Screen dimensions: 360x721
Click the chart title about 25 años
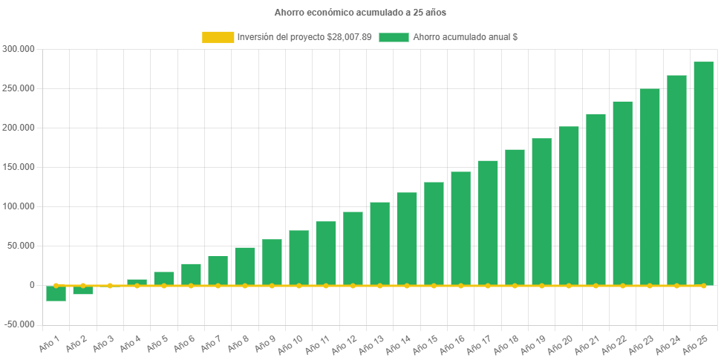click(x=360, y=13)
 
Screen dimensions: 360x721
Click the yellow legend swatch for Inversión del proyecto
click(x=217, y=37)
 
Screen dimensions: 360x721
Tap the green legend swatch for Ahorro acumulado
click(x=394, y=37)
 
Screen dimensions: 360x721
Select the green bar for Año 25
click(x=703, y=174)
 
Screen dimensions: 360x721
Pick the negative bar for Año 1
click(x=56, y=293)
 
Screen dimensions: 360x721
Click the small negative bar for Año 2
click(x=82, y=290)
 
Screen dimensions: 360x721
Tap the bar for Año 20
click(x=569, y=206)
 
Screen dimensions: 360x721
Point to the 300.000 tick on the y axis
click(x=19, y=49)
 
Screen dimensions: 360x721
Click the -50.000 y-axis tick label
click(x=19, y=324)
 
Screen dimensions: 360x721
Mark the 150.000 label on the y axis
click(x=19, y=167)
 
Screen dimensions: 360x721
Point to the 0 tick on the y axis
click(x=32, y=285)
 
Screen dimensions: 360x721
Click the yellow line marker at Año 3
click(x=110, y=286)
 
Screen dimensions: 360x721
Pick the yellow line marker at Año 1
click(x=56, y=286)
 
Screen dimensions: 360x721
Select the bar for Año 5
click(x=163, y=278)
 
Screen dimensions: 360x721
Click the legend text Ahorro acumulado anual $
click(x=465, y=37)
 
